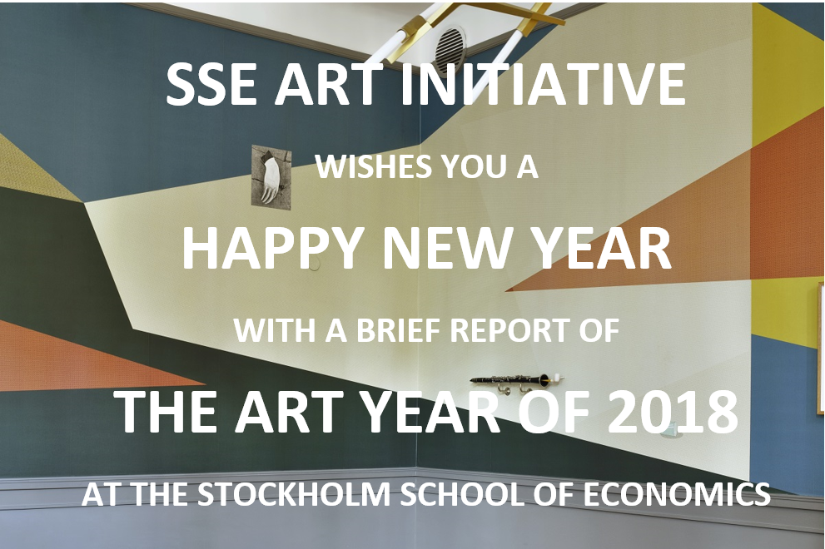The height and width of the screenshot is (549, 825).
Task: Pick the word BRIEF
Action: pyautogui.click(x=400, y=330)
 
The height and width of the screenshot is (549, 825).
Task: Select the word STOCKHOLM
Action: pyautogui.click(x=294, y=494)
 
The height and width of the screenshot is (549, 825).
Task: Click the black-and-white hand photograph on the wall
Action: pyautogui.click(x=271, y=174)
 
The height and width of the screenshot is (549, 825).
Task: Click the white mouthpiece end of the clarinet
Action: pyautogui.click(x=558, y=377)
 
